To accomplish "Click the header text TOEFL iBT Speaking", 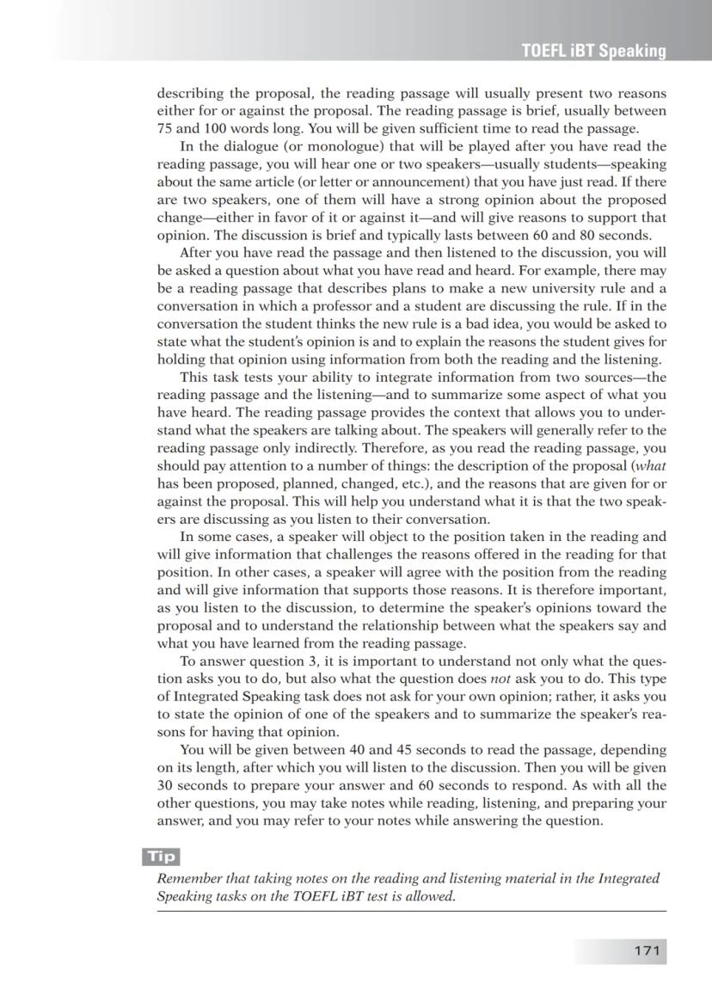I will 593,51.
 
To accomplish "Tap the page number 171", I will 646,950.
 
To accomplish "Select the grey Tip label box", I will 161,856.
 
